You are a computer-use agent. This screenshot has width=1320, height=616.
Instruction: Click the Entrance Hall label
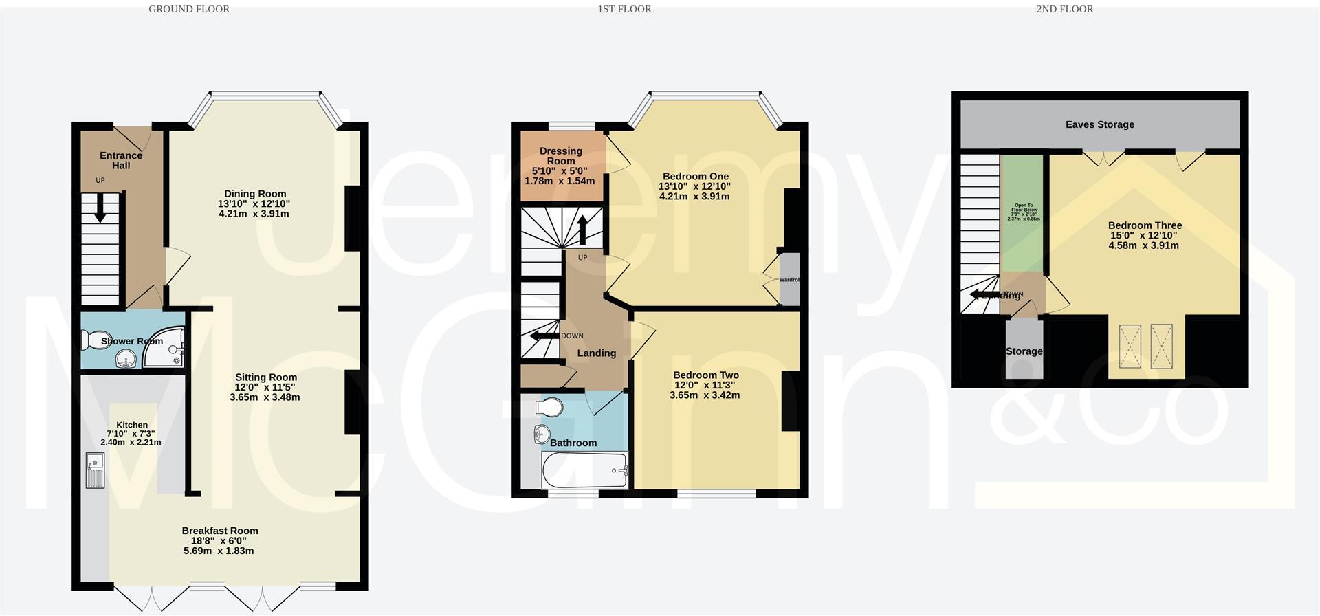point(121,160)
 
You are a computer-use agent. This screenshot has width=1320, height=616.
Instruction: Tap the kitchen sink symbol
point(95,470)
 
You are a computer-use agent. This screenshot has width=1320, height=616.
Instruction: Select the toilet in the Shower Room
point(92,340)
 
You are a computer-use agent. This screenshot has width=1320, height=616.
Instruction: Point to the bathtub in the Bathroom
point(585,470)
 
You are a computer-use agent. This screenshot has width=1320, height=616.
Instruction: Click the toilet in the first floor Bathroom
point(549,408)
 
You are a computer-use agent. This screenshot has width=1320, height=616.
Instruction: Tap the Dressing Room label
point(560,155)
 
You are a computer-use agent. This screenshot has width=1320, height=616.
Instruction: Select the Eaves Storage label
point(1099,124)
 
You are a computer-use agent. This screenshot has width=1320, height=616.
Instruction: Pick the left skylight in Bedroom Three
point(1130,346)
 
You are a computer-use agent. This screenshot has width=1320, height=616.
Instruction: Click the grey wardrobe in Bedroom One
point(790,280)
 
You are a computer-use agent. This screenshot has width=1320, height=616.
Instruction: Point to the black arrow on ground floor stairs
point(100,208)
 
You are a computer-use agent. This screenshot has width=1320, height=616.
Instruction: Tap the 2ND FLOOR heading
point(1064,9)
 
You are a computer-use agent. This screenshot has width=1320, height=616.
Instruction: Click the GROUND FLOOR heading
point(189,9)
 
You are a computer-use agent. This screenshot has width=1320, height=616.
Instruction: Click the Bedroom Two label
point(705,375)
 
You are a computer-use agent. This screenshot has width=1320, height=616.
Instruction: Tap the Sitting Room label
point(266,377)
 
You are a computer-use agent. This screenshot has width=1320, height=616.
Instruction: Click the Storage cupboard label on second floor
point(1024,351)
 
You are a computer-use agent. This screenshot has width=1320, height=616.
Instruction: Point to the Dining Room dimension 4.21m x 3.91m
point(254,214)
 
